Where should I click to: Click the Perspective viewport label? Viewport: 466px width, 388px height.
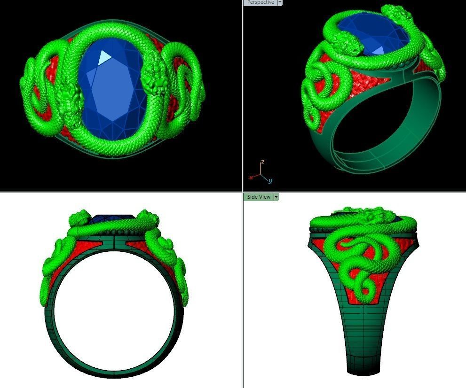click(261, 2)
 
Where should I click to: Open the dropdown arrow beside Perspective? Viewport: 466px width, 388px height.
click(280, 2)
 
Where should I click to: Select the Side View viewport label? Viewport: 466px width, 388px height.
click(259, 197)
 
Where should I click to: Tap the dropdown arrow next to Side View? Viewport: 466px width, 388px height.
click(276, 197)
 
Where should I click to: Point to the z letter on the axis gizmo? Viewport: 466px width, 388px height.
click(263, 162)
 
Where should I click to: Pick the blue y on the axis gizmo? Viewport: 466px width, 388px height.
click(270, 180)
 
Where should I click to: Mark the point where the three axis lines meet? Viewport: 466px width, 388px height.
click(261, 175)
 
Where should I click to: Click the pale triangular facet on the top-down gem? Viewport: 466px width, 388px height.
click(105, 58)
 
